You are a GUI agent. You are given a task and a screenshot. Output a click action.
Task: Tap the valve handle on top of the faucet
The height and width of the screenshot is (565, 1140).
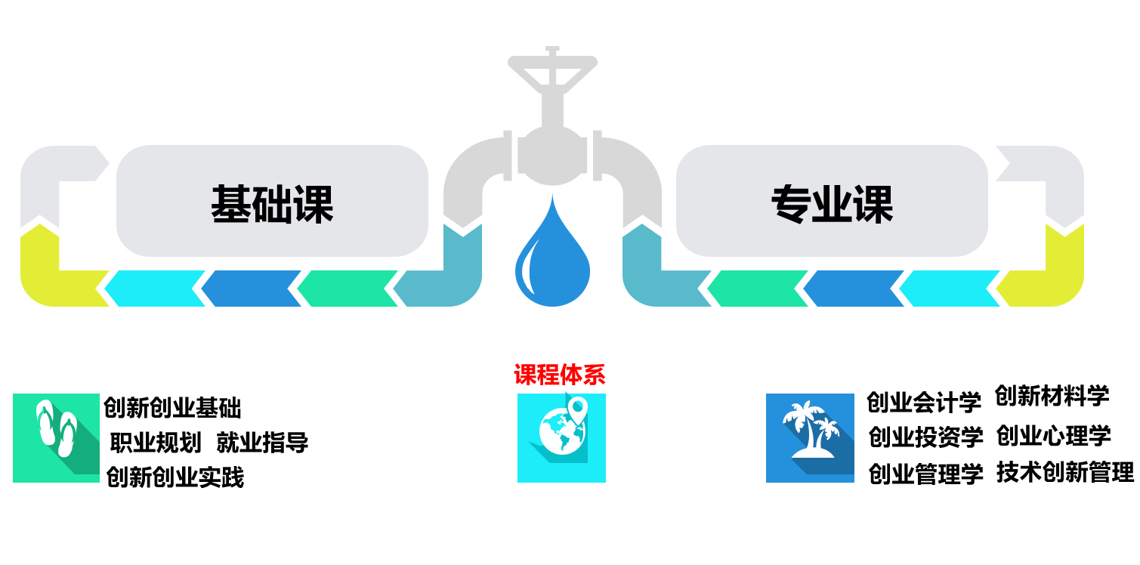pyautogui.click(x=552, y=66)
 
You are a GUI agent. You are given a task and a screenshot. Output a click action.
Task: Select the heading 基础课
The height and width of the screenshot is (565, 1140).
pyautogui.click(x=272, y=203)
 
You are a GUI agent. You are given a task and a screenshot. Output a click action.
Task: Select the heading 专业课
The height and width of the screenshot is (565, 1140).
pyautogui.click(x=832, y=203)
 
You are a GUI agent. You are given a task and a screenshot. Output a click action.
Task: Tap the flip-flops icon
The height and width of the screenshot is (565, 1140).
pyautogui.click(x=56, y=437)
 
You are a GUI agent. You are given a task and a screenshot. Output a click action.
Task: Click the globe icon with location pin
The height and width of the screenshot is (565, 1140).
pyautogui.click(x=561, y=437)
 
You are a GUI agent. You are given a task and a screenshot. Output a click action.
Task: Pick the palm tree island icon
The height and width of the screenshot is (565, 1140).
pyautogui.click(x=810, y=437)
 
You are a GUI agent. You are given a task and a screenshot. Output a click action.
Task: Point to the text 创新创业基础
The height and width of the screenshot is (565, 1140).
pyautogui.click(x=172, y=408)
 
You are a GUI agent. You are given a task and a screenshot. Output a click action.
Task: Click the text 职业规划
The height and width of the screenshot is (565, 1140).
pyautogui.click(x=156, y=442)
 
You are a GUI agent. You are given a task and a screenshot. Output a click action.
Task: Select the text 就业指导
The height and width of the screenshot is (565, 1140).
pyautogui.click(x=262, y=442)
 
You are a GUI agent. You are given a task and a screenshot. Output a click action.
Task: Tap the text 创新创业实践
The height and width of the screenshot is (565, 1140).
pyautogui.click(x=175, y=477)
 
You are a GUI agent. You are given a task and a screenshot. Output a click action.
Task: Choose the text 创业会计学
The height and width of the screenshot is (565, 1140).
pyautogui.click(x=923, y=402)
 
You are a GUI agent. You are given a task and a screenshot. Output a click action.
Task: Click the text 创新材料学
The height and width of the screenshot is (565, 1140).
pyautogui.click(x=1052, y=395)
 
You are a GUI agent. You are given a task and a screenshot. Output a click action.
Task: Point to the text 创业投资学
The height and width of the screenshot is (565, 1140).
pyautogui.click(x=925, y=437)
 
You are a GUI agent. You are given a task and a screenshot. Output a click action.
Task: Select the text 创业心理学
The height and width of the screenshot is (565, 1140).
pyautogui.click(x=1053, y=435)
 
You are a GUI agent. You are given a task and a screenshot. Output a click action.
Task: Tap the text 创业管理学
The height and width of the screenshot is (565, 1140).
pyautogui.click(x=925, y=474)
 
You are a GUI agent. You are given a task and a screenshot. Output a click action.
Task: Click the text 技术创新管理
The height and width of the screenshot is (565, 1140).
pyautogui.click(x=1064, y=472)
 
